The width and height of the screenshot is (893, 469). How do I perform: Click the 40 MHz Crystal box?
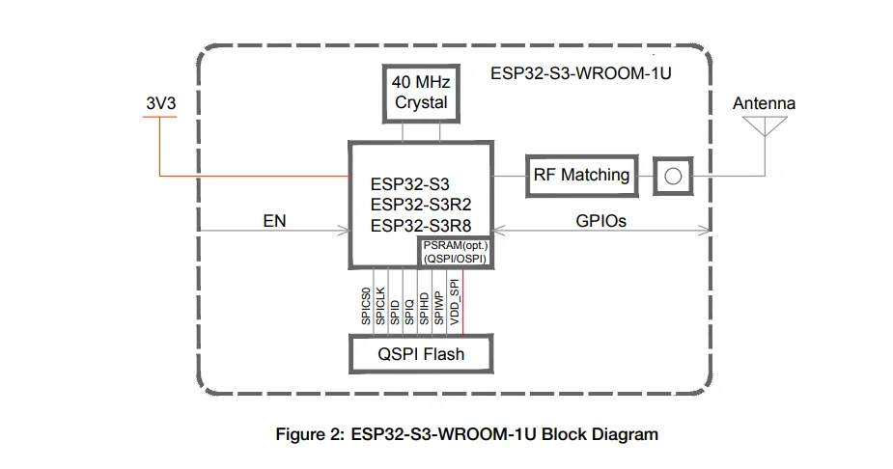421,93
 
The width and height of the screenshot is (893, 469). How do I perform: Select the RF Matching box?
581,176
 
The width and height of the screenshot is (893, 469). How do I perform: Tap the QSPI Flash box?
420,354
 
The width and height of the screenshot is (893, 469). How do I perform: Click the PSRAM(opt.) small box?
453,253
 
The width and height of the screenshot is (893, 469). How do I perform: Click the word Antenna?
764,103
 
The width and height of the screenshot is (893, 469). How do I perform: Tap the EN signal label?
274,221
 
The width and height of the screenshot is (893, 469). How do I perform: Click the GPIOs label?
600,221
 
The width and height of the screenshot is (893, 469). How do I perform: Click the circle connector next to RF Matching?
674,176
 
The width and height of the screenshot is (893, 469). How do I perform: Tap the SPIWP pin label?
439,306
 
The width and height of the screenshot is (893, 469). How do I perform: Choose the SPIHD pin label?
424,306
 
